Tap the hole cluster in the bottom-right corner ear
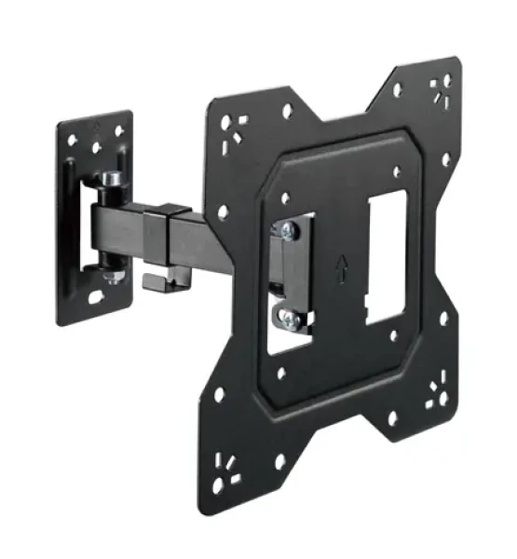coord(437,390)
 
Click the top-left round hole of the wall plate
coord(74,140)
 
